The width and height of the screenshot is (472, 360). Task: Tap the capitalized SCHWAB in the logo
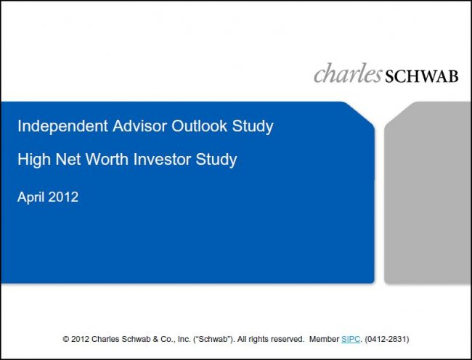pos(421,76)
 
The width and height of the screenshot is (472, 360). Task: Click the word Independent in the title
pos(62,126)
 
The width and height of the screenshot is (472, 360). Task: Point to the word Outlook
pos(199,126)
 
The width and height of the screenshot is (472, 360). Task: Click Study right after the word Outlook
pos(253,126)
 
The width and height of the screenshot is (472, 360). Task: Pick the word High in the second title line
pos(34,160)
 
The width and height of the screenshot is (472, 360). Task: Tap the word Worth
pos(107,159)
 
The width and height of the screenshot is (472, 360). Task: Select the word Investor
pos(162,159)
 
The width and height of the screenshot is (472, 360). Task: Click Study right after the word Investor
pos(216,160)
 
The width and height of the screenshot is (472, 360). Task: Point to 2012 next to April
pos(63,197)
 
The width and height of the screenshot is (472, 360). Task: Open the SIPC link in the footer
pos(351,339)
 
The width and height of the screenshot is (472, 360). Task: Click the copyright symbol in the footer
pos(65,339)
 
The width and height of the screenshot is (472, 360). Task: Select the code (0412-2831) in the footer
pos(387,339)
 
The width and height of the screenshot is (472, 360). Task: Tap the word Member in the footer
pos(324,339)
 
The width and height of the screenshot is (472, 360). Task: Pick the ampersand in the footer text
pos(155,339)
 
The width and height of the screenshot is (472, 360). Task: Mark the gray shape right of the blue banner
pos(428,192)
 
